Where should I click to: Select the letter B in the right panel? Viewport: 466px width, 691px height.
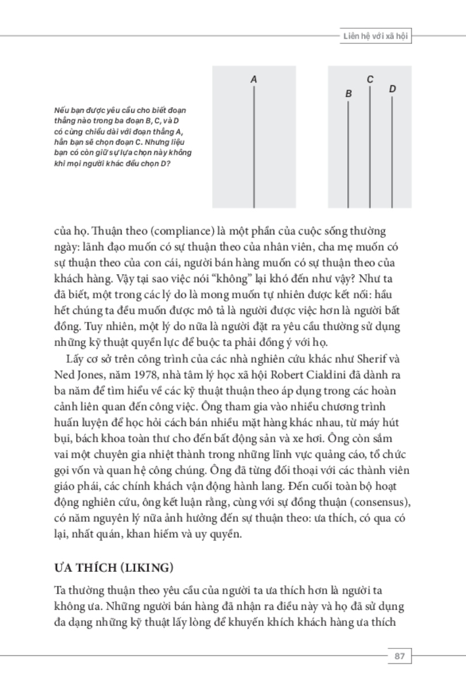coord(348,93)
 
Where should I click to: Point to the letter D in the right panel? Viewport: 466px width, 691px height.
coord(392,89)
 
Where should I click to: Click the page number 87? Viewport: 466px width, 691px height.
coord(397,656)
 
